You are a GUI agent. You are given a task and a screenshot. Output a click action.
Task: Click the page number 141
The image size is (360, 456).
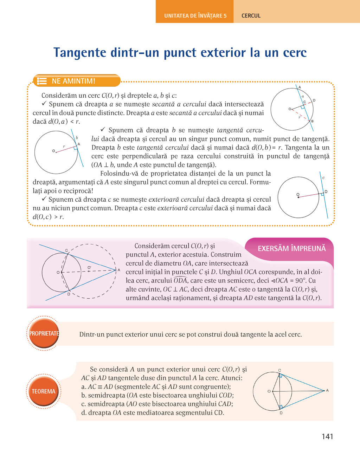pyautogui.click(x=327, y=437)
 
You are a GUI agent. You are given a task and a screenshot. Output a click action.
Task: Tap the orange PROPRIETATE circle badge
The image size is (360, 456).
pyautogui.click(x=44, y=333)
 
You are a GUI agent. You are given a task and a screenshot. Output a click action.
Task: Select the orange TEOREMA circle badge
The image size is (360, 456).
pyautogui.click(x=44, y=391)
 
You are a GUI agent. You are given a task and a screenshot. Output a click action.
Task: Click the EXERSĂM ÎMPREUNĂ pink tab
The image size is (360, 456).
pyautogui.click(x=291, y=249)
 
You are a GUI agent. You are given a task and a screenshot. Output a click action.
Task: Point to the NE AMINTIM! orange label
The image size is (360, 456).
pyautogui.click(x=73, y=81)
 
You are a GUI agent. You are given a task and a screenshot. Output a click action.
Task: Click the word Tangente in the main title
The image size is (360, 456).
pyautogui.click(x=80, y=53)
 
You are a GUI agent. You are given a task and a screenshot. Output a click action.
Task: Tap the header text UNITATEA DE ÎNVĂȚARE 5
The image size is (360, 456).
pyautogui.click(x=195, y=16)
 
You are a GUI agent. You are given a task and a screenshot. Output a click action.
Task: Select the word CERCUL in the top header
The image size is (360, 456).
pyautogui.click(x=251, y=16)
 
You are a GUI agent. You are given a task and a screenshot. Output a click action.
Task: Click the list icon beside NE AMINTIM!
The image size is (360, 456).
pyautogui.click(x=42, y=81)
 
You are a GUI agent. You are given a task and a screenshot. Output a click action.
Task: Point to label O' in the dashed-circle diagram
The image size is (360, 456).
pyautogui.click(x=89, y=268)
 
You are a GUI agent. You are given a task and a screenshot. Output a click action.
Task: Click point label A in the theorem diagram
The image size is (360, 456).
pyautogui.click(x=327, y=390)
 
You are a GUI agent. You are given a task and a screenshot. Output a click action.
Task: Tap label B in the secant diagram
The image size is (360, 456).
pyautogui.click(x=312, y=121)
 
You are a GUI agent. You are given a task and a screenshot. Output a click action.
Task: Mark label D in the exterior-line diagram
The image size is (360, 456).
pyautogui.click(x=326, y=191)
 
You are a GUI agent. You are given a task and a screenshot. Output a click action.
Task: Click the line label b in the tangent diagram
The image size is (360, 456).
pyautogui.click(x=77, y=138)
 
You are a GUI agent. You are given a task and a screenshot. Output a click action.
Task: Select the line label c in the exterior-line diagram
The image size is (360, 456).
pyautogui.click(x=323, y=178)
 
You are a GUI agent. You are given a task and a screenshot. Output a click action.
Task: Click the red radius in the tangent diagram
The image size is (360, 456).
pyautogui.click(x=66, y=149)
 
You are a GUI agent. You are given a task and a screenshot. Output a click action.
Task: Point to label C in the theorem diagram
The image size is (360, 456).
pyautogui.click(x=279, y=370)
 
